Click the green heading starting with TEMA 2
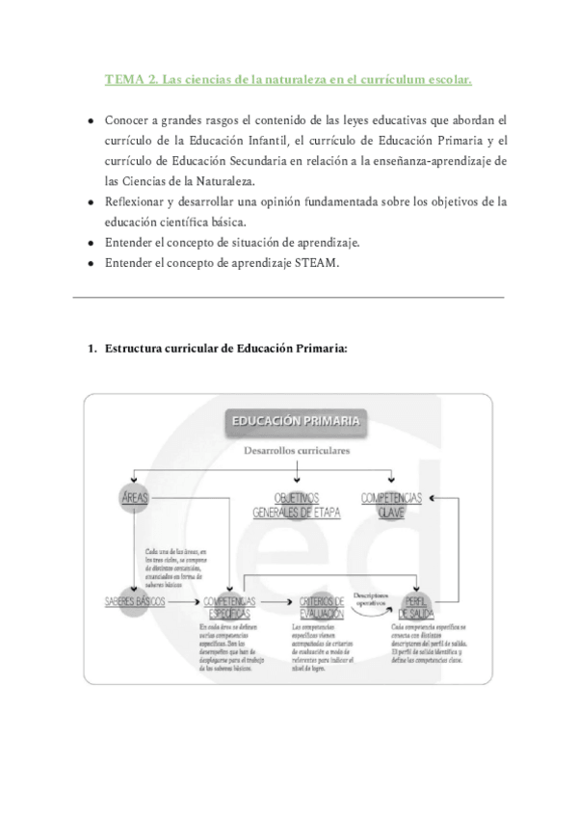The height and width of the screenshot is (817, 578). pos(289,80)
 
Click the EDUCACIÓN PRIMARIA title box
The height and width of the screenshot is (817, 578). pos(295,420)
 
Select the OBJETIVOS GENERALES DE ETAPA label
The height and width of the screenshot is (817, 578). pos(297,505)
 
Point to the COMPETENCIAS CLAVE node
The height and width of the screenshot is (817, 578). pos(391,503)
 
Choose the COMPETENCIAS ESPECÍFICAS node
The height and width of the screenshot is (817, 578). pos(227,606)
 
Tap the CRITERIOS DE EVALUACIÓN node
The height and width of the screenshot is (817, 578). pos(323,606)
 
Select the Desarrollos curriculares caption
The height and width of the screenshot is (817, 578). pos(297,449)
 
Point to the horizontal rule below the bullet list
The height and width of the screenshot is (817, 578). pos(289,297)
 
